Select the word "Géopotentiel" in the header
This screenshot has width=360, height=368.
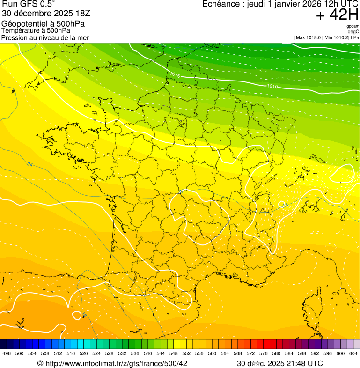coord(22,24)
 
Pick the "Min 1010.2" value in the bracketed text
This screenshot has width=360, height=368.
coord(337,37)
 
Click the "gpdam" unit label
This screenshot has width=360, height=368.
coord(353,27)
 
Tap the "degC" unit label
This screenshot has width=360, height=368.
coord(354,32)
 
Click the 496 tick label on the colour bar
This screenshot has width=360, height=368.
coord(7,353)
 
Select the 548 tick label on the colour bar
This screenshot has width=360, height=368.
coord(173,353)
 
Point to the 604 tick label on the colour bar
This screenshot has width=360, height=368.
coord(353,353)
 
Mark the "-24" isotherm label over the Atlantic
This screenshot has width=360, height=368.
coord(29,164)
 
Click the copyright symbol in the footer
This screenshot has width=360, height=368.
coord(40,363)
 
